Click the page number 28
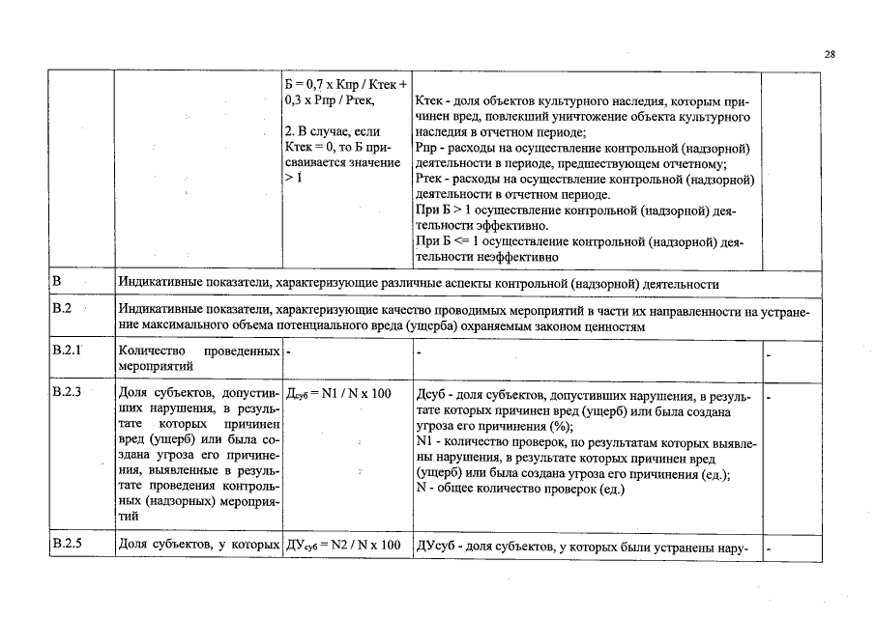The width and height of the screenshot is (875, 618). (830, 55)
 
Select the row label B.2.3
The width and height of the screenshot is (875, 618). (67, 394)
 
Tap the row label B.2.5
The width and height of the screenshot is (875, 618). (67, 545)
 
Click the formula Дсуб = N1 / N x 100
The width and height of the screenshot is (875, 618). (339, 394)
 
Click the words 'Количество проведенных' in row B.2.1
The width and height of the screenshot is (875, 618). (198, 351)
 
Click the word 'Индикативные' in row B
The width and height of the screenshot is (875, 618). (159, 284)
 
